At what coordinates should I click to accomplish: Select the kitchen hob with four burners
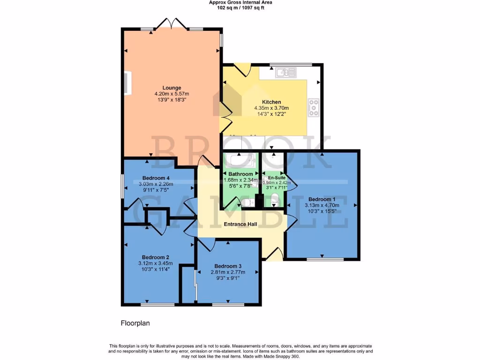coord(313,107)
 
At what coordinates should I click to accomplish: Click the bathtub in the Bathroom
coord(240,162)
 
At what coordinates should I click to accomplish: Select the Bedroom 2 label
coord(156,257)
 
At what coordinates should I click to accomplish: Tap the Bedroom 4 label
coord(156,178)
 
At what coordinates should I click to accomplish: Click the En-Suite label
coord(277,178)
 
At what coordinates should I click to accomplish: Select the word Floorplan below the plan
coord(135,323)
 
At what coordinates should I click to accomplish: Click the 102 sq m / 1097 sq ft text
coord(240,8)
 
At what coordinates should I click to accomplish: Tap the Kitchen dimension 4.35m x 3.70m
coord(271,108)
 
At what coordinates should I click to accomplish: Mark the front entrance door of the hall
coord(274,254)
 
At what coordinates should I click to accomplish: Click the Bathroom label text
coord(240,174)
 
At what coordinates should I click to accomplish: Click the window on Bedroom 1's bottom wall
coord(322,259)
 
